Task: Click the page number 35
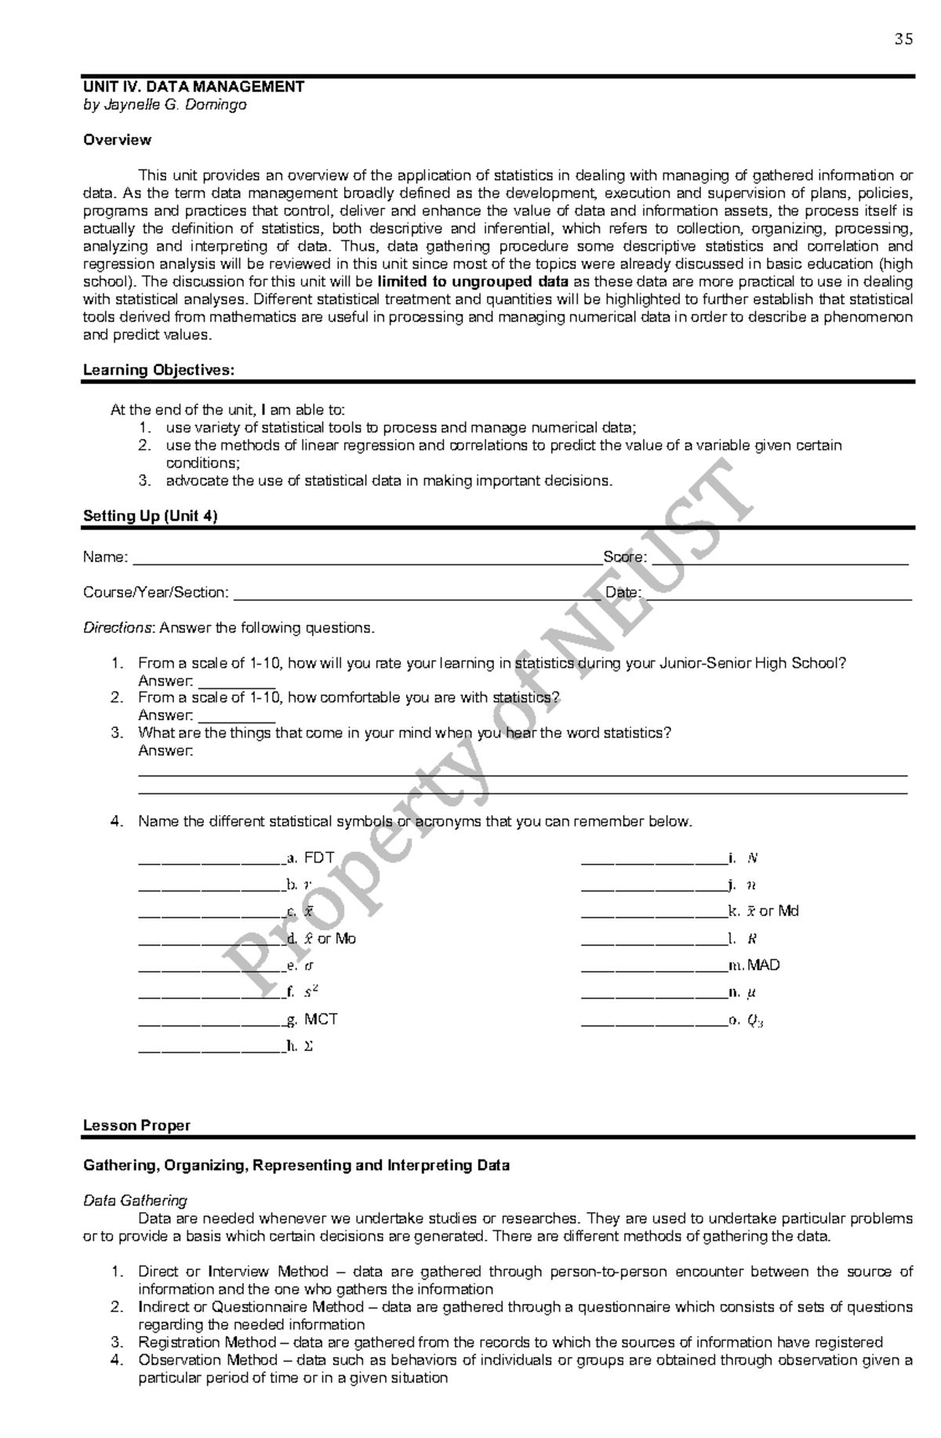click(903, 40)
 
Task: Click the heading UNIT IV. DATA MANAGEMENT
click(194, 87)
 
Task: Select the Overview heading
click(117, 140)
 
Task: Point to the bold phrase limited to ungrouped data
click(474, 282)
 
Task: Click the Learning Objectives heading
click(158, 370)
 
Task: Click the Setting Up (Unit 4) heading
click(150, 516)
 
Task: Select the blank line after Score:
click(779, 560)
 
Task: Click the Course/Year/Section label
click(156, 592)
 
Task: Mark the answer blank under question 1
click(236, 683)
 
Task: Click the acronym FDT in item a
click(319, 858)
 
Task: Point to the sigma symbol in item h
click(308, 1046)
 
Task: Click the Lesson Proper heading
click(136, 1126)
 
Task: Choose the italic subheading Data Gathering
click(135, 1201)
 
